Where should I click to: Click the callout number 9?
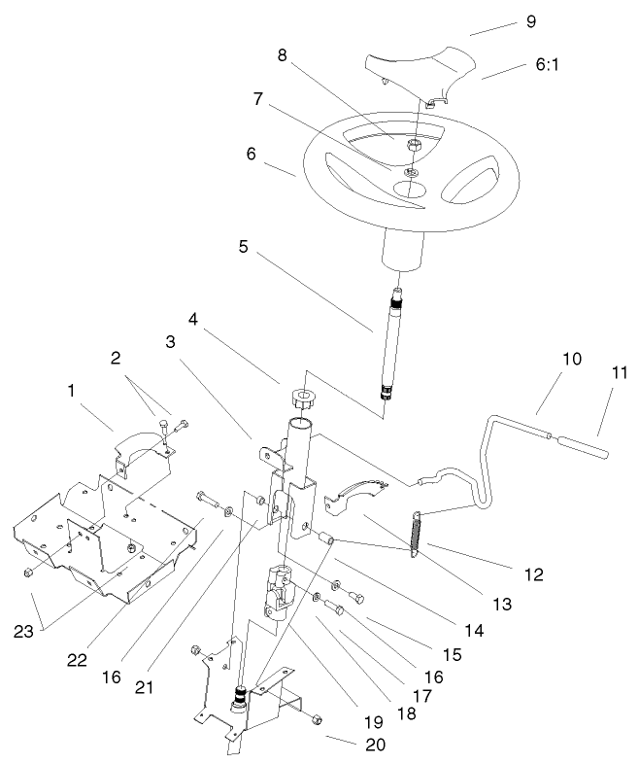(x=529, y=19)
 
